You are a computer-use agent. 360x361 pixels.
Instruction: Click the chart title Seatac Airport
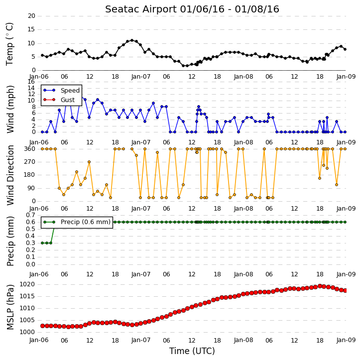pyautogui.click(x=141, y=9)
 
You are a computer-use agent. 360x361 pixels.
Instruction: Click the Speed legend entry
pyautogui.click(x=61, y=91)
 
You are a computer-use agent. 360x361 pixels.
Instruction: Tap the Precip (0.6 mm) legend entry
pyautogui.click(x=77, y=222)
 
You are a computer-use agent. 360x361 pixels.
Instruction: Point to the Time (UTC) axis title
pyautogui.click(x=192, y=351)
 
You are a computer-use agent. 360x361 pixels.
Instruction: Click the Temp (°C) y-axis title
pyautogui.click(x=9, y=44)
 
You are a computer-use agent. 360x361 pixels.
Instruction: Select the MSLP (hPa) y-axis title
pyautogui.click(x=10, y=307)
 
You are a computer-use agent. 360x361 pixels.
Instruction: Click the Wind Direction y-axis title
pyautogui.click(x=10, y=175)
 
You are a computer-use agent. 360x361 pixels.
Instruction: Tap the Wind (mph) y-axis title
pyautogui.click(x=10, y=109)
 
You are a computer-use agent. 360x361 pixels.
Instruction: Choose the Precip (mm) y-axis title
pyautogui.click(x=10, y=241)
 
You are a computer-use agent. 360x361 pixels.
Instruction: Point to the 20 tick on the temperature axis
pyautogui.click(x=31, y=16)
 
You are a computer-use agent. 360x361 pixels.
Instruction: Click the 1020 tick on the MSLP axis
pyautogui.click(x=27, y=284)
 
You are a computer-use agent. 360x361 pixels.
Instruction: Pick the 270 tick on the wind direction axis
pyautogui.click(x=30, y=162)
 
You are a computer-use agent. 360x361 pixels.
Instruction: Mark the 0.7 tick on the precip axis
pyautogui.click(x=30, y=215)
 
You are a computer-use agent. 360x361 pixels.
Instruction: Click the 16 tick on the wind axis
pyautogui.click(x=31, y=82)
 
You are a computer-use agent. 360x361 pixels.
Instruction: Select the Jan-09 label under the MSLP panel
pyautogui.click(x=346, y=340)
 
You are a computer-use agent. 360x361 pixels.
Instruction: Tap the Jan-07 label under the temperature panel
pyautogui.click(x=140, y=77)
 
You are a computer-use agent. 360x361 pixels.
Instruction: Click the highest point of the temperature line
pyautogui.click(x=132, y=40)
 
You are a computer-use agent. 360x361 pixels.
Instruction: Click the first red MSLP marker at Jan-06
pyautogui.click(x=42, y=326)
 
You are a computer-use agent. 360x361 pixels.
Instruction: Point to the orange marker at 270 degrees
pyautogui.click(x=89, y=162)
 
